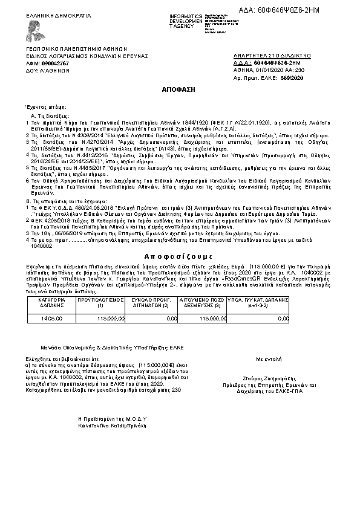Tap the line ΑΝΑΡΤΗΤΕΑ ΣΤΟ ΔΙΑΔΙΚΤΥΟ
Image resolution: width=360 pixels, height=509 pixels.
[272, 56]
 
